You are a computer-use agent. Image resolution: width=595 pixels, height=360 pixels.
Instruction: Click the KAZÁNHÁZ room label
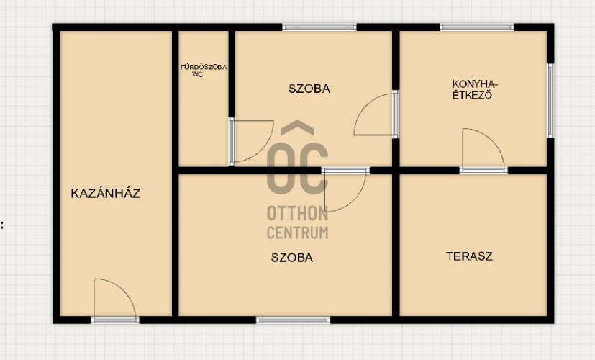tap(106, 193)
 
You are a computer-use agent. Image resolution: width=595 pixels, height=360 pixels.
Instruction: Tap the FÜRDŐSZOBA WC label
tap(204, 71)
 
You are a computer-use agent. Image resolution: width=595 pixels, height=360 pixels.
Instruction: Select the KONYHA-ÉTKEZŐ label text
tap(475, 89)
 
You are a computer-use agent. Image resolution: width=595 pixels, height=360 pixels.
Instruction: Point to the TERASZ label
tap(469, 256)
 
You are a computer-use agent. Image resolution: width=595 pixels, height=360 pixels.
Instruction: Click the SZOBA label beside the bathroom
tap(309, 89)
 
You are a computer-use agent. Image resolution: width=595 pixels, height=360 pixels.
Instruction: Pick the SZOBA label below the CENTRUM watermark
tap(292, 258)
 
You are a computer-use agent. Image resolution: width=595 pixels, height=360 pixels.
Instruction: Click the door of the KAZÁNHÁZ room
tap(115, 300)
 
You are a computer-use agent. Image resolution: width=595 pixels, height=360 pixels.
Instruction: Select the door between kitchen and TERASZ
tap(483, 150)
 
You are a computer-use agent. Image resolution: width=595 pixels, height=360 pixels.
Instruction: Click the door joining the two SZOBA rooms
tap(345, 189)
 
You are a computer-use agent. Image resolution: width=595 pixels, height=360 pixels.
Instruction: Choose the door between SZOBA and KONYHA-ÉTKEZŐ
tap(376, 114)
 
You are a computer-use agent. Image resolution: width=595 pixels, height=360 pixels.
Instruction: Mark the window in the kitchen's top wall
tap(476, 27)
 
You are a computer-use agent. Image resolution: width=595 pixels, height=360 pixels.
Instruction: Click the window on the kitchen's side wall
tap(550, 101)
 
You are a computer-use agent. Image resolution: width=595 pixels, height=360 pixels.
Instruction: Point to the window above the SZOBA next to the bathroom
tap(319, 27)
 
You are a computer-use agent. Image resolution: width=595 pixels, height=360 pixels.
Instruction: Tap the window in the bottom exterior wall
tap(293, 320)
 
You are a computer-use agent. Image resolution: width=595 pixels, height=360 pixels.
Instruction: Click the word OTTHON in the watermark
tap(298, 213)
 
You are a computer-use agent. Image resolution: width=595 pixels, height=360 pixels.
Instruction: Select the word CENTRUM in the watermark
tap(298, 233)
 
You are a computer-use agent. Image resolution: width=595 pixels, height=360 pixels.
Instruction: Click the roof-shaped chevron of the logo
tap(298, 127)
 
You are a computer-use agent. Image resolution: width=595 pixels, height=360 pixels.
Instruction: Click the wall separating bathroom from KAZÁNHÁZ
tap(175, 174)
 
